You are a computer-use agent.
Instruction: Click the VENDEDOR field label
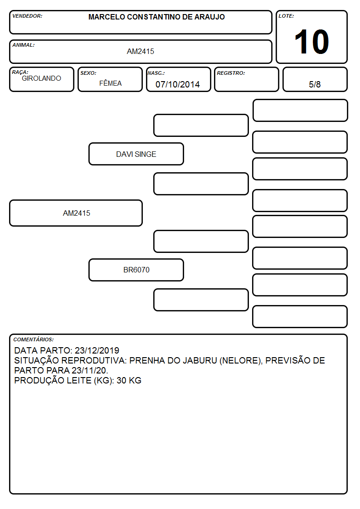click(x=27, y=16)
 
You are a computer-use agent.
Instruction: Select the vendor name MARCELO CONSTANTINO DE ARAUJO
click(x=156, y=17)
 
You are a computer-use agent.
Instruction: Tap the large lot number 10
click(x=311, y=42)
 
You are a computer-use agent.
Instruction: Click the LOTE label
click(x=286, y=16)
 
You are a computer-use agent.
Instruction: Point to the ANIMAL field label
click(x=24, y=45)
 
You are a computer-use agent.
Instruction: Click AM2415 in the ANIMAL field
click(x=141, y=51)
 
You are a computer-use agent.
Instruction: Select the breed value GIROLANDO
click(x=42, y=78)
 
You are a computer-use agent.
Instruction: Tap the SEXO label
click(x=88, y=73)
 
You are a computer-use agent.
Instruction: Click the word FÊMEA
click(x=110, y=83)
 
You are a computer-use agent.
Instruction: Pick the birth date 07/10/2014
click(x=178, y=84)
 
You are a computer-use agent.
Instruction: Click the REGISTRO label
click(x=231, y=73)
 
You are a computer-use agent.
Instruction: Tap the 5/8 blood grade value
click(x=315, y=84)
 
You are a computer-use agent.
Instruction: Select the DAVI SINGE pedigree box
click(x=136, y=154)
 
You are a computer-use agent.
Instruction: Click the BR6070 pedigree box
click(x=136, y=270)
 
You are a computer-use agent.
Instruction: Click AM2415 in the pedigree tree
click(x=77, y=213)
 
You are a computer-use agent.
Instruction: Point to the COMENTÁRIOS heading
click(x=34, y=339)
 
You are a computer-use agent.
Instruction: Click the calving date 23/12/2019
click(x=97, y=350)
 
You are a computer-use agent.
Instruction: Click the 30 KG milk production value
click(x=129, y=380)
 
